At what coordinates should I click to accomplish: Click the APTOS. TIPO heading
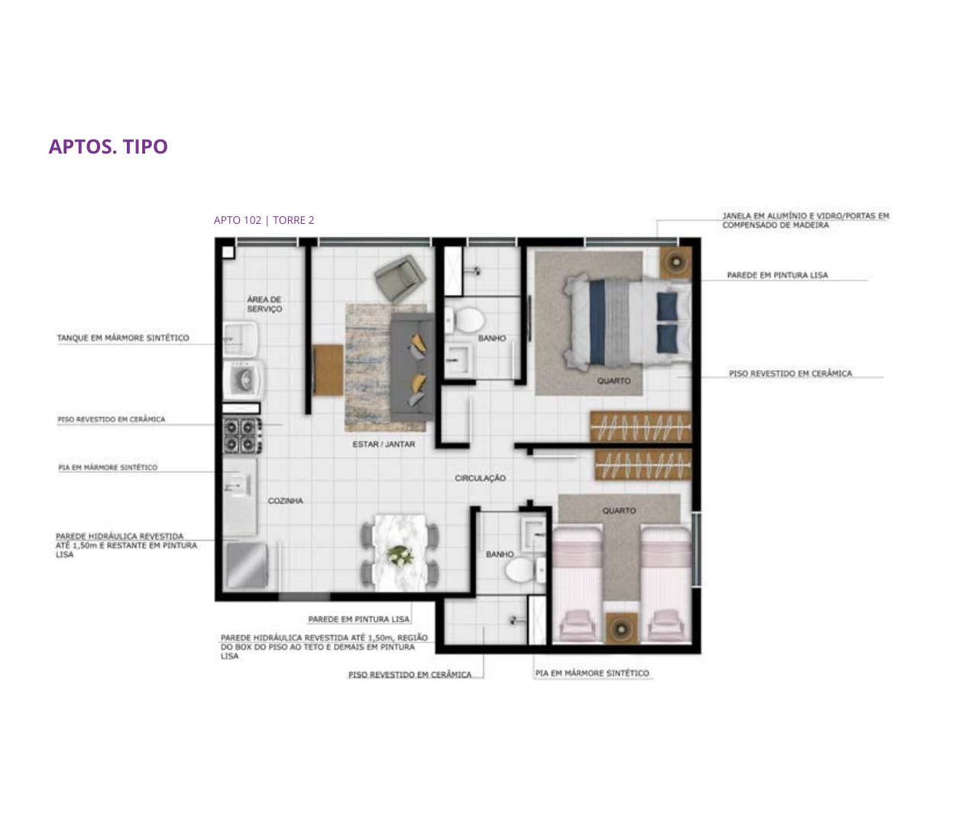pyautogui.click(x=108, y=147)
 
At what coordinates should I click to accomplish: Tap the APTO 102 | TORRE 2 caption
pyautogui.click(x=264, y=220)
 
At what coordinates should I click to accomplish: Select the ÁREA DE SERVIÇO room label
pyautogui.click(x=264, y=304)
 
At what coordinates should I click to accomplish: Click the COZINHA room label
pyautogui.click(x=286, y=500)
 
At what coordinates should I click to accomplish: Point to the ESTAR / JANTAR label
pyautogui.click(x=384, y=444)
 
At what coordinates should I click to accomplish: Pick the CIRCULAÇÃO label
pyautogui.click(x=480, y=478)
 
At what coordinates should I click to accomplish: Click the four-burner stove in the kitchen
pyautogui.click(x=241, y=435)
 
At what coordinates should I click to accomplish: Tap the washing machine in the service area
pyautogui.click(x=244, y=380)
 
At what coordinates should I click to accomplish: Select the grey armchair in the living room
pyautogui.click(x=400, y=279)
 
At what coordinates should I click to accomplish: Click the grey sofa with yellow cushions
pyautogui.click(x=412, y=367)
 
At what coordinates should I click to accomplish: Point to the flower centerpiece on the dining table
pyautogui.click(x=400, y=555)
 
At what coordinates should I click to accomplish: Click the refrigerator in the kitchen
pyautogui.click(x=248, y=565)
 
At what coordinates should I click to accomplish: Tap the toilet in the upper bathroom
pyautogui.click(x=465, y=320)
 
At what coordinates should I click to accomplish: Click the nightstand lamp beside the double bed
pyautogui.click(x=676, y=262)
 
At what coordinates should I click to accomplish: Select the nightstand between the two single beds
pyautogui.click(x=621, y=629)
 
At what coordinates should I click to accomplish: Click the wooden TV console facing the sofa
pyautogui.click(x=328, y=370)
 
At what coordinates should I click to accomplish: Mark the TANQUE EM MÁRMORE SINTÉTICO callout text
pyautogui.click(x=123, y=338)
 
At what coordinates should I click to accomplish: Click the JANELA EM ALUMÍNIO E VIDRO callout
pyautogui.click(x=805, y=220)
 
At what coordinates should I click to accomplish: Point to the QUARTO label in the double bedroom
pyautogui.click(x=613, y=380)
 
